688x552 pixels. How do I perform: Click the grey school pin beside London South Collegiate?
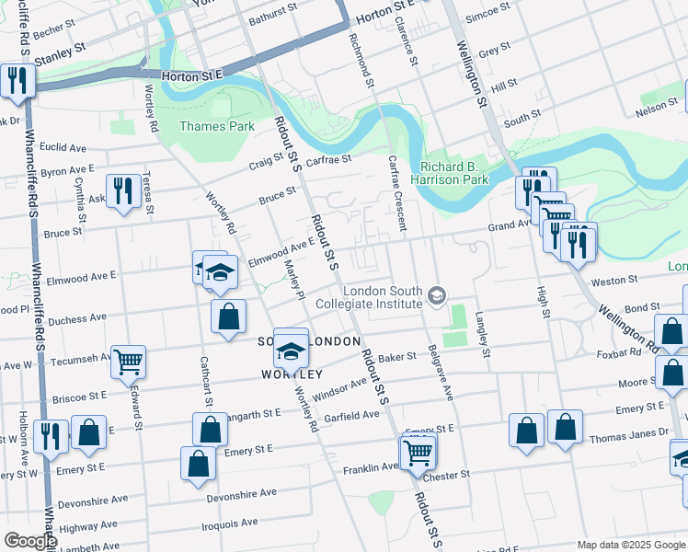[x=436, y=295]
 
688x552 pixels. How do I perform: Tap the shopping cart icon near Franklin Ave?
[x=418, y=451]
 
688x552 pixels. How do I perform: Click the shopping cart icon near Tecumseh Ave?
[x=128, y=361]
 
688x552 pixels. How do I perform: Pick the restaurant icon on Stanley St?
[x=17, y=80]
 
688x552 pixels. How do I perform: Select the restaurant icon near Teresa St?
[x=123, y=190]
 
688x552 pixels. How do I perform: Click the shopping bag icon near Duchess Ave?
[x=228, y=316]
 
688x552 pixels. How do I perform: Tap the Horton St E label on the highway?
[x=193, y=77]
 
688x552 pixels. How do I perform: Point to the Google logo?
[x=30, y=541]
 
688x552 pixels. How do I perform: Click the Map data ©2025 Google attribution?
[x=630, y=545]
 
